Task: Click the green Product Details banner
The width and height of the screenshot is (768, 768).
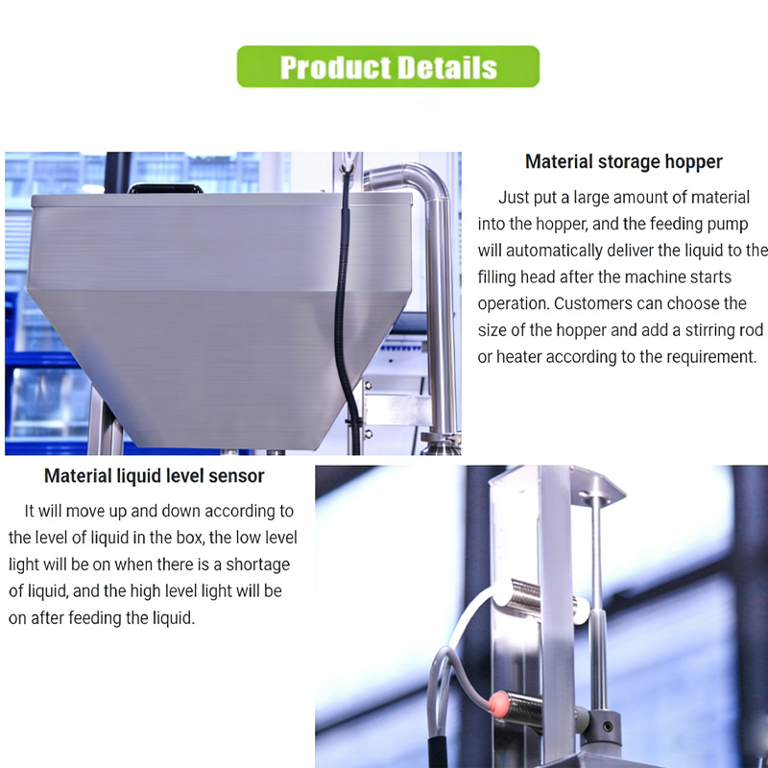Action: (388, 66)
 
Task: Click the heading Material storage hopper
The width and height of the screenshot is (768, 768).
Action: (623, 161)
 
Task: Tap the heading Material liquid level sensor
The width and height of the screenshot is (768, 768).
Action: (155, 476)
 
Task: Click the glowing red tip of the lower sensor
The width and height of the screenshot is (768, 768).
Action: (497, 704)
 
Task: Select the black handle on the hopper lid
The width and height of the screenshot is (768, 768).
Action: (165, 188)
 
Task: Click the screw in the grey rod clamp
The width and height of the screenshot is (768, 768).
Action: (608, 727)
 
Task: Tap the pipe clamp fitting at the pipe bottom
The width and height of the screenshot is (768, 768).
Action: (441, 440)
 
